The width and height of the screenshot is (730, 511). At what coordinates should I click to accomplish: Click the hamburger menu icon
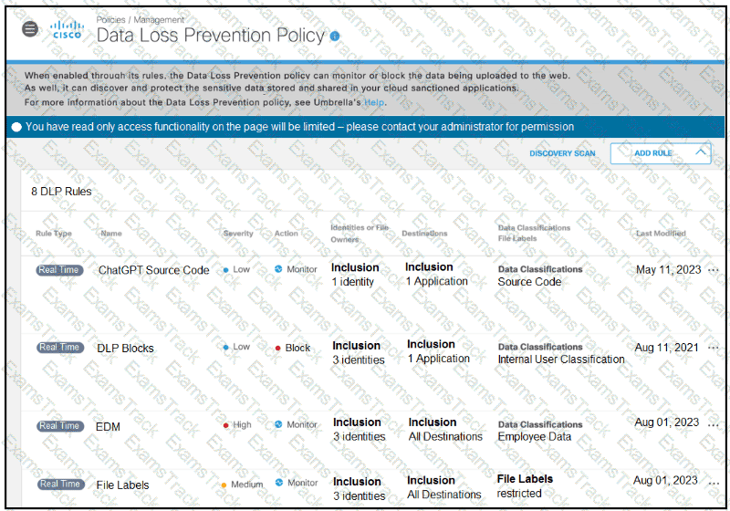[x=30, y=29]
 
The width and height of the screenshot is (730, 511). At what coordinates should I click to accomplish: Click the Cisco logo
[x=67, y=30]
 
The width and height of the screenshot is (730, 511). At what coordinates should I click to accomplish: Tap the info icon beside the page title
[x=335, y=36]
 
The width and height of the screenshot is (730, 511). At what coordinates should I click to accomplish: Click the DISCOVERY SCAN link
[x=562, y=153]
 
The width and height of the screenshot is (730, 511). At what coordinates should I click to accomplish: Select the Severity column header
[x=238, y=234]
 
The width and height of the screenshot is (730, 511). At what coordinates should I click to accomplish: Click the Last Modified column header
[x=661, y=234]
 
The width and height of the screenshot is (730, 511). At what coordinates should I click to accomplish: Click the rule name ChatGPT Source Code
[x=153, y=270]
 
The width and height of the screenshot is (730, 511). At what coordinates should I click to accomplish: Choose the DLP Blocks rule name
[x=125, y=348]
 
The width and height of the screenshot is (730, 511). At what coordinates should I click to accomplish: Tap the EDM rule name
[x=108, y=426]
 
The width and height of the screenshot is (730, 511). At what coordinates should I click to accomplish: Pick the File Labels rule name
[x=122, y=485]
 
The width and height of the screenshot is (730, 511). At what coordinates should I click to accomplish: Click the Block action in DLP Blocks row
[x=297, y=348]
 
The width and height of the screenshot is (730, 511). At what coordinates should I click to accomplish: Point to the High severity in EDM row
[x=241, y=425]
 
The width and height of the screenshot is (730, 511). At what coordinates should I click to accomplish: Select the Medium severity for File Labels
[x=245, y=485]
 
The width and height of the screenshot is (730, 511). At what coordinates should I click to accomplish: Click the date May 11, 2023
[x=667, y=269]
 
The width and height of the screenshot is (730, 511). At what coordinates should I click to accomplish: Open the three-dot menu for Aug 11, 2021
[x=713, y=348]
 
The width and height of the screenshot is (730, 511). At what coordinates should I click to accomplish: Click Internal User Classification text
[x=561, y=360]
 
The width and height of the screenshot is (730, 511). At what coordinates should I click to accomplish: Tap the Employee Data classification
[x=535, y=437]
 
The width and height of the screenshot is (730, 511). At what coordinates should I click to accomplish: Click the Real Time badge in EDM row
[x=59, y=426]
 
